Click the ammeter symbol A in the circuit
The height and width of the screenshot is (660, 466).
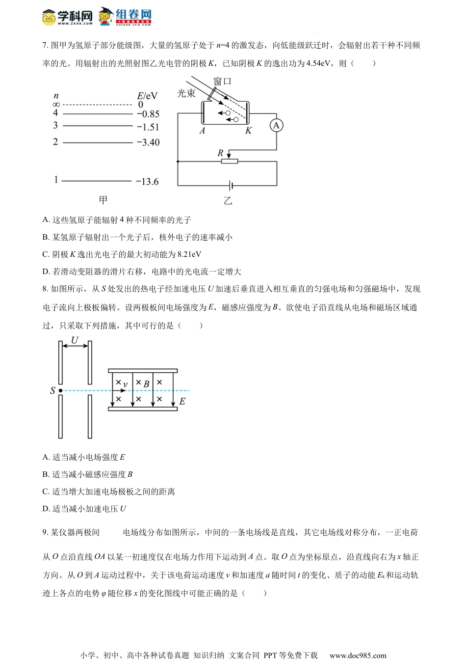point(276,126)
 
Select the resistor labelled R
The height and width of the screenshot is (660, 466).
point(229,161)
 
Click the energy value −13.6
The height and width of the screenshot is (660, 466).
point(147,182)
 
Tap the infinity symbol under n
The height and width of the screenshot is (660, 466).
point(56,105)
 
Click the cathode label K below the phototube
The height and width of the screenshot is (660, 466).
point(248,131)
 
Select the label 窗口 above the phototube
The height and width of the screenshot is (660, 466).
point(222,81)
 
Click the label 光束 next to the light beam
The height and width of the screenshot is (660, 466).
point(186,93)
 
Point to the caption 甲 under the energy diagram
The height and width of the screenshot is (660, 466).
point(103,200)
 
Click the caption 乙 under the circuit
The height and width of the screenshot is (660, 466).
point(228,201)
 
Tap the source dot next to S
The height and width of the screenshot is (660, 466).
point(60,391)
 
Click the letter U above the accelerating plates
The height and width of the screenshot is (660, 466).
point(75,340)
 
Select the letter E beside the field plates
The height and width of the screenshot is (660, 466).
point(182,402)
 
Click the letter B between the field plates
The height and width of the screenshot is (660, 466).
point(146,385)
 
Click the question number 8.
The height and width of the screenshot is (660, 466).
point(45,289)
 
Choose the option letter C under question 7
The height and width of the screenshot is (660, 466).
point(46,254)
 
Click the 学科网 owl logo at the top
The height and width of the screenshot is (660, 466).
point(49,18)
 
